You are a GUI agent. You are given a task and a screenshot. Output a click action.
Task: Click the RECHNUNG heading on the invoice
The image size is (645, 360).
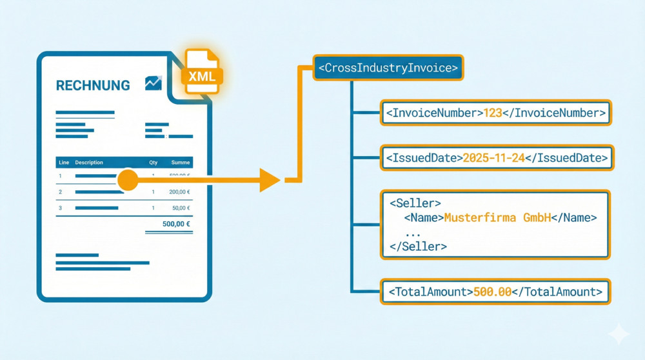[93, 85]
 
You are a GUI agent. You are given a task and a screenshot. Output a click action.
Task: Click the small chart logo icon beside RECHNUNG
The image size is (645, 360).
[154, 83]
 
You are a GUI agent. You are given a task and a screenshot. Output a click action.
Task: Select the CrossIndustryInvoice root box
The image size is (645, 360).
[388, 67]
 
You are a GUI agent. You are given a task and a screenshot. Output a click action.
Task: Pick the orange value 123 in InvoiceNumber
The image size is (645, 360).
[492, 113]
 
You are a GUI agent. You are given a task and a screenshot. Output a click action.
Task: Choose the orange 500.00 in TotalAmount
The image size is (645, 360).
[492, 292]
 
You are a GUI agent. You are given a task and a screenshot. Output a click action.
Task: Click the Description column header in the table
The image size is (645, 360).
[89, 163]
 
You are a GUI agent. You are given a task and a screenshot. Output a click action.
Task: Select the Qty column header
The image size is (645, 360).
[154, 163]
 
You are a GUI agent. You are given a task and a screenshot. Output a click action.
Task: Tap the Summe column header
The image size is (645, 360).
[180, 163]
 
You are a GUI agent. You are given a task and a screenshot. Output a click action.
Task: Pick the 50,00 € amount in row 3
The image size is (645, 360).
[181, 208]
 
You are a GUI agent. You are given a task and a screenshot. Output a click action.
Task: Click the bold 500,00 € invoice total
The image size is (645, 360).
[177, 224]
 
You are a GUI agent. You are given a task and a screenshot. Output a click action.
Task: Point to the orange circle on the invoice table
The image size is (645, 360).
[128, 180]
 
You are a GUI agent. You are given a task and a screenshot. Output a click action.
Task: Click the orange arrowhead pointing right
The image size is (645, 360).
[270, 180]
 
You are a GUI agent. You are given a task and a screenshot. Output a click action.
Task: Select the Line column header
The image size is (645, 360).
[63, 163]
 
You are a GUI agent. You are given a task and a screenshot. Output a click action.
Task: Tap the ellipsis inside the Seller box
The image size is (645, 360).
[413, 232]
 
